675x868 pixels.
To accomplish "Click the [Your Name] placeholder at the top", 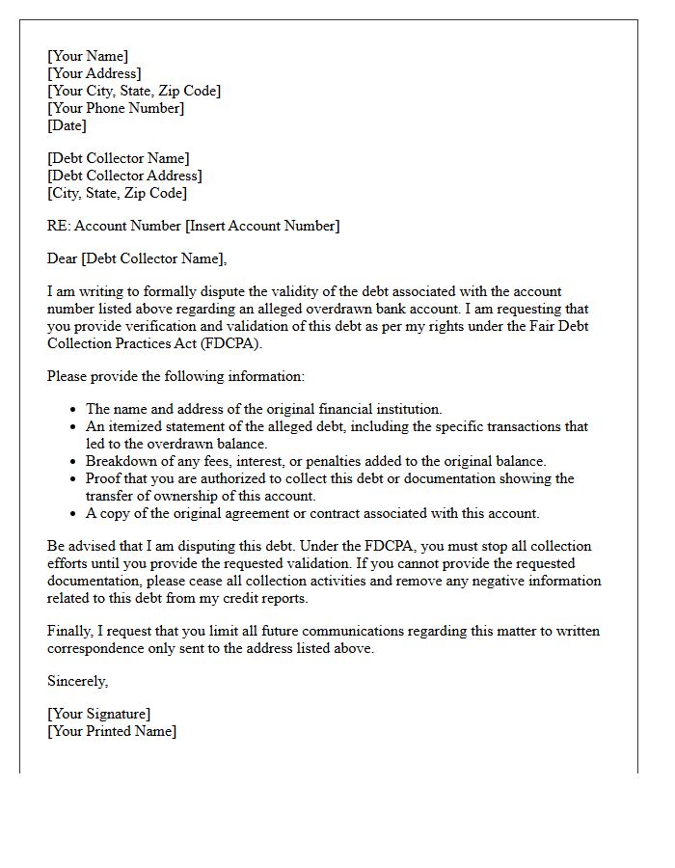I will click(88, 56).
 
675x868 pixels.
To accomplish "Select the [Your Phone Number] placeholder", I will click(116, 108).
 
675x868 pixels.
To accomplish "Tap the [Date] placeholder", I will click(67, 125).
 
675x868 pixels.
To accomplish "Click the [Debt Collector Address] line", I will click(124, 176).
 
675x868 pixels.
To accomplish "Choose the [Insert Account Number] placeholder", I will click(262, 226).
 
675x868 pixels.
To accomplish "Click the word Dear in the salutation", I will click(63, 258).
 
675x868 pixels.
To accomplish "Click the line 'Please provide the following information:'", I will click(175, 376).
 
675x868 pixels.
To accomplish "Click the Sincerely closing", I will click(78, 681).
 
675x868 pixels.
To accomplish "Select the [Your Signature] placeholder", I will click(98, 714).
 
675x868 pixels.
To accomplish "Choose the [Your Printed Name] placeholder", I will click(112, 731).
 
